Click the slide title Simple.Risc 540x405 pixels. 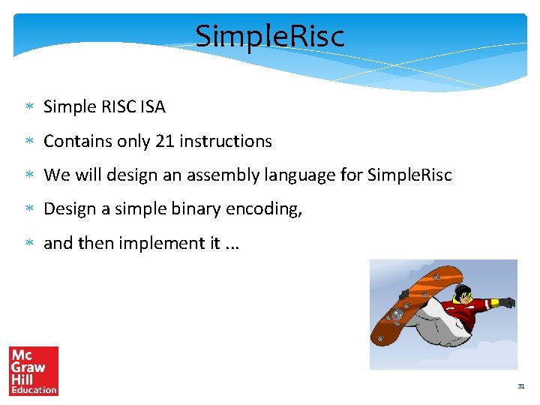tap(270, 35)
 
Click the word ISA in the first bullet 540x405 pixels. tap(151, 107)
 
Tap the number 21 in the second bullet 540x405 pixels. tap(163, 141)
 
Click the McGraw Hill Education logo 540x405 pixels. tap(34, 370)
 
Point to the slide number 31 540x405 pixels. tap(520, 386)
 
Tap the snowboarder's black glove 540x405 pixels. tap(508, 302)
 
